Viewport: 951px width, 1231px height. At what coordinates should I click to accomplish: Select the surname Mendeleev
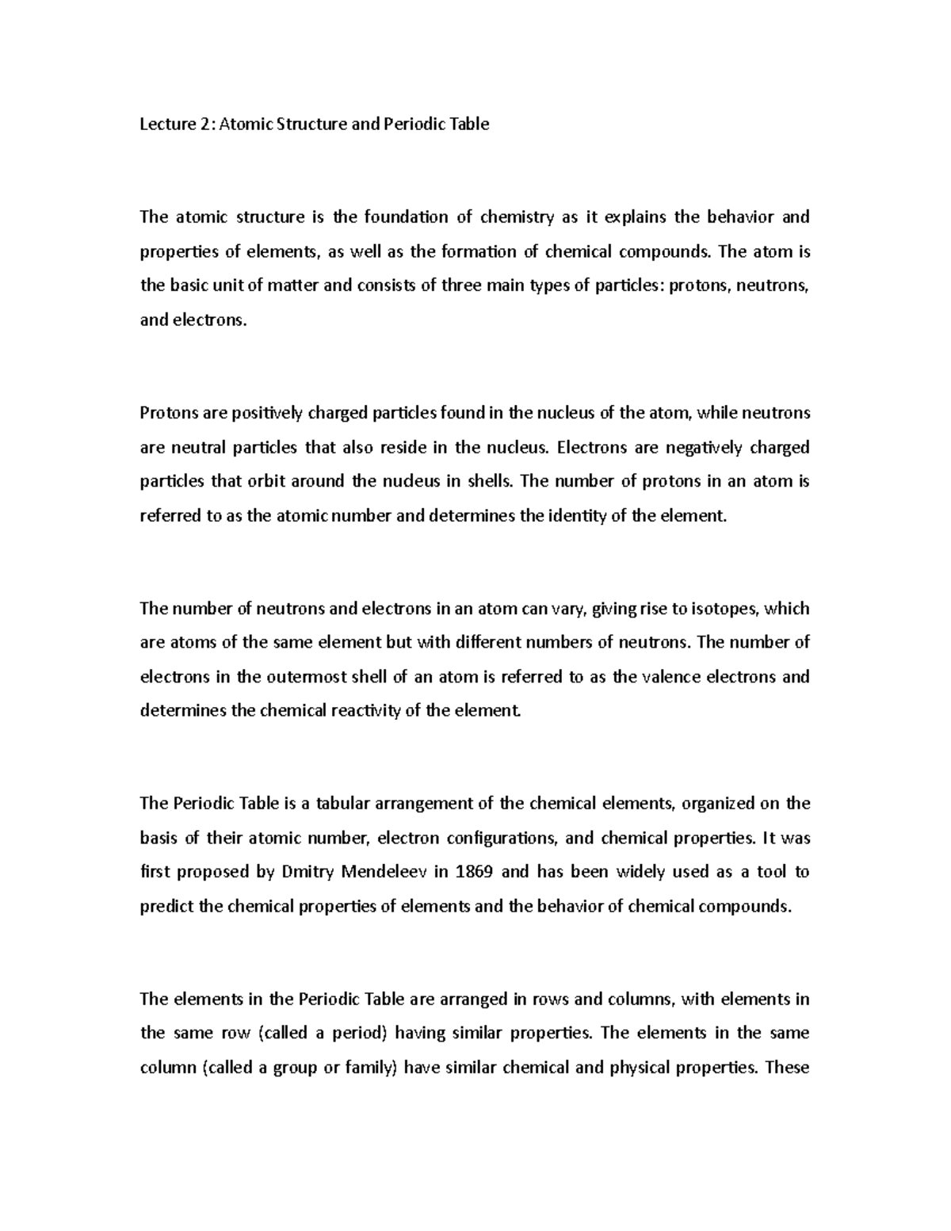click(384, 872)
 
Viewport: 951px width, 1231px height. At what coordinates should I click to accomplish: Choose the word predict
click(166, 906)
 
